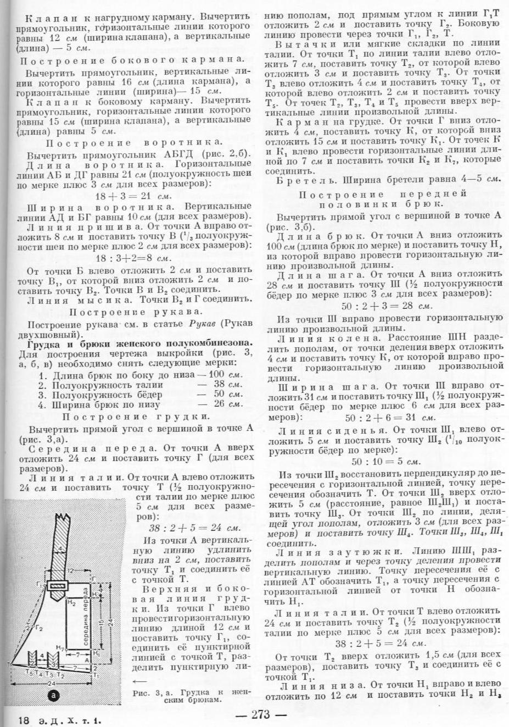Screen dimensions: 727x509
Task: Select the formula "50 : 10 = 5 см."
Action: (x=386, y=462)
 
